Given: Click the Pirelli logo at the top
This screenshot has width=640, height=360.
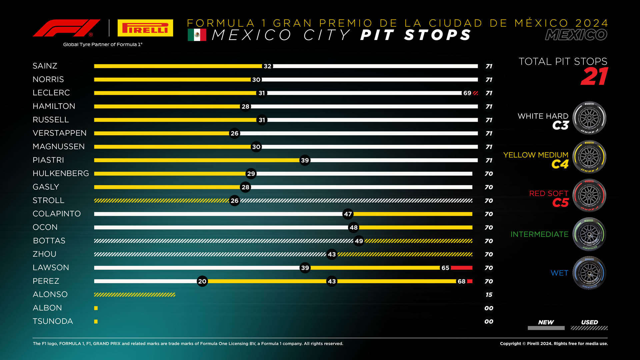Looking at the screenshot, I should coord(145,28).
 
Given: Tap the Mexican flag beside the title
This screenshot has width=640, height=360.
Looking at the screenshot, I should coord(197,35).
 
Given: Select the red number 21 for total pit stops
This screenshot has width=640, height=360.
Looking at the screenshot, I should coord(594,77).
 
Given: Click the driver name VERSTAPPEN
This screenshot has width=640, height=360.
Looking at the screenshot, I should coord(59,133).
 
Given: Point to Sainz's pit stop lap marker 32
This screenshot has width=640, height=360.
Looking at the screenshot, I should coord(267,66).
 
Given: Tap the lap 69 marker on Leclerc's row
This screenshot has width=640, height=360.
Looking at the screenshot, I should coord(467,93).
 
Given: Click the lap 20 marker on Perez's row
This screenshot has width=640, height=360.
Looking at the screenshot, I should coord(202,281).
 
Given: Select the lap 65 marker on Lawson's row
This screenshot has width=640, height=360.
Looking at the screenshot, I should coord(445,268).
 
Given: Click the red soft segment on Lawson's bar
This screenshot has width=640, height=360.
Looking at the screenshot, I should coord(461,268).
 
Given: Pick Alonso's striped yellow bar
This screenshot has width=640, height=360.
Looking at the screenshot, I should coord(134,295).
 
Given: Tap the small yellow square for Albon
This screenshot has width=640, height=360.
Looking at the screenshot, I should coord(96,308).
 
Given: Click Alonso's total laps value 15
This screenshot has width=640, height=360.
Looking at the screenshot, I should coord(489,295).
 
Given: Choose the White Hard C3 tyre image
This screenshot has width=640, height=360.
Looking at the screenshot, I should coord(589,118).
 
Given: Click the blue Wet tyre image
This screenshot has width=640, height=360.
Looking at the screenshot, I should coord(589,273).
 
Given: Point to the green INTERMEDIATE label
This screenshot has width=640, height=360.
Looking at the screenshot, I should coord(539,234).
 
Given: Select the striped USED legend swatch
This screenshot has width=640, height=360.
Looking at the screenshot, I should coord(589,328).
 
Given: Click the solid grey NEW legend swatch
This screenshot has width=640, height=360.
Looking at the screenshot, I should coord(546,328).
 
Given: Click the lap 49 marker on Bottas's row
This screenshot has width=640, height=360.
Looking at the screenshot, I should coord(359,241).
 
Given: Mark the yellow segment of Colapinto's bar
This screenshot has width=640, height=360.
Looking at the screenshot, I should coord(413,214).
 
